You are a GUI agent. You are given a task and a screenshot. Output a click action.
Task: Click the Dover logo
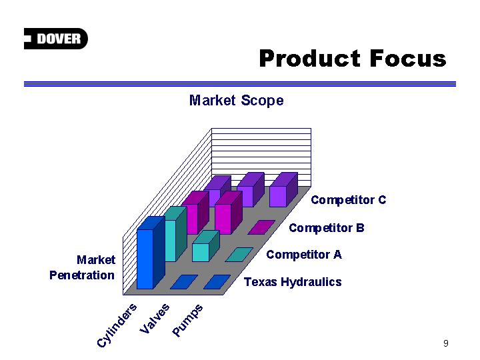coord(56,39)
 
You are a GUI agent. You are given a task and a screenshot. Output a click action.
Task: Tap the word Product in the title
coord(310,58)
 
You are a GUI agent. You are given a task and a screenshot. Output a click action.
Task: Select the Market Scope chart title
coord(236,101)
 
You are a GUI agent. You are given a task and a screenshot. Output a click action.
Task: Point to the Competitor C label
coord(349,200)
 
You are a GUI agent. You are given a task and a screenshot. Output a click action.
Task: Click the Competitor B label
coord(327,228)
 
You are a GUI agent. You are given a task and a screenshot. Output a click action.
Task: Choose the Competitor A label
coord(304,255)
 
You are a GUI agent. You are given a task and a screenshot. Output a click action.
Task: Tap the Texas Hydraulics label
coord(293,281)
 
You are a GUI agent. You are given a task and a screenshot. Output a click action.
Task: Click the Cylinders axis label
coord(116,325)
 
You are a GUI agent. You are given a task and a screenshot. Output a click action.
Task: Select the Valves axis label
coord(154,319)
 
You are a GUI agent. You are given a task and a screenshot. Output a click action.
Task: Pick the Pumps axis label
coord(187,320)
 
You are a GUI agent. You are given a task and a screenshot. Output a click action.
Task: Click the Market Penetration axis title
coord(83,267)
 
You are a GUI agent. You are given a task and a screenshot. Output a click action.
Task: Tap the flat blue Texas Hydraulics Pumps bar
coord(217,281)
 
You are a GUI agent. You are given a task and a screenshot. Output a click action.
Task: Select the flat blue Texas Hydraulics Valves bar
coord(184,281)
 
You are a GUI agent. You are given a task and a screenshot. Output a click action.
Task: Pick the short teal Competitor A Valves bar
coord(206,246)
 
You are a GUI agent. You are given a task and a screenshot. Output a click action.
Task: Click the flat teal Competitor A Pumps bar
coord(239,255)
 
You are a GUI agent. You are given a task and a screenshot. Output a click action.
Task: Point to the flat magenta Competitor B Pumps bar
coord(262,227)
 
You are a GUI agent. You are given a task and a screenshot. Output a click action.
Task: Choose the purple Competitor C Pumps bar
coord(283,189)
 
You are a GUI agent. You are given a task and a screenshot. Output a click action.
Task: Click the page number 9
coord(446,343)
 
